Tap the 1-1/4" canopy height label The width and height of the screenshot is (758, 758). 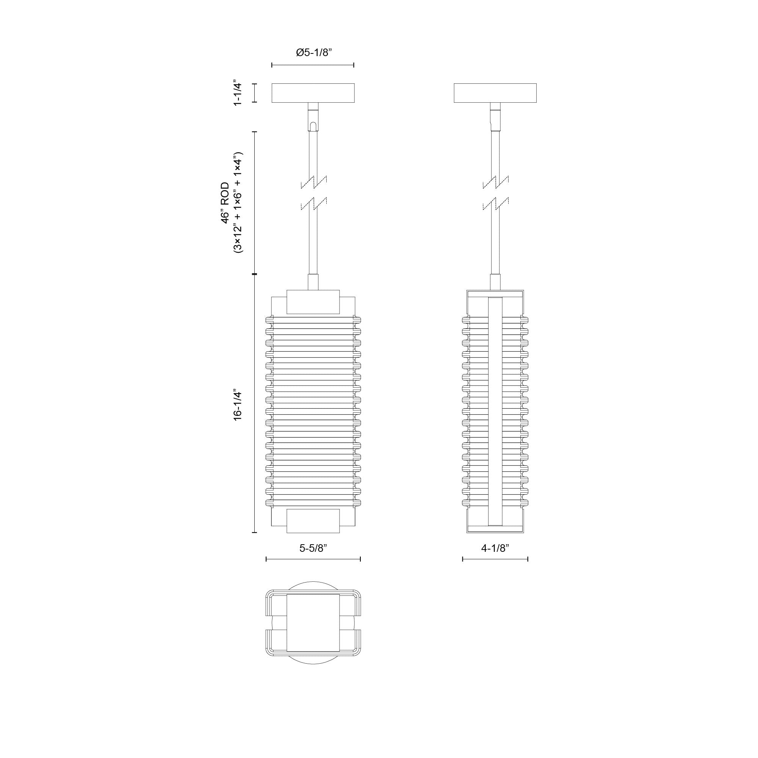237,94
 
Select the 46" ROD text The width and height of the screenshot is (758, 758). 225,202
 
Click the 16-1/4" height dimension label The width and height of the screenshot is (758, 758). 237,405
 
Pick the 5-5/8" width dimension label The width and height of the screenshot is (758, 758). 313,548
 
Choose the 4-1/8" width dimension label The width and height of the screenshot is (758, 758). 495,548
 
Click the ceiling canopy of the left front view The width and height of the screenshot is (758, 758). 313,93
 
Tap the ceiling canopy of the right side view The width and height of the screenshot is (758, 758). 495,93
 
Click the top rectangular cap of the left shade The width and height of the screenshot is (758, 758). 313,302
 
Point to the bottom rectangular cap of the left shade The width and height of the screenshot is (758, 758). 313,521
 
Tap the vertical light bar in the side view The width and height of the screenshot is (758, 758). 495,411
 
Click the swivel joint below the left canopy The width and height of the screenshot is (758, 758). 313,116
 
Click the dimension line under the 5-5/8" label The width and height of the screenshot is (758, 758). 313,559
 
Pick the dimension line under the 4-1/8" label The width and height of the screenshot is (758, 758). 495,559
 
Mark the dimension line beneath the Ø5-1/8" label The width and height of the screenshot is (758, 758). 313,65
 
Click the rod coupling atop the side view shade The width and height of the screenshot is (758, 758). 495,282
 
